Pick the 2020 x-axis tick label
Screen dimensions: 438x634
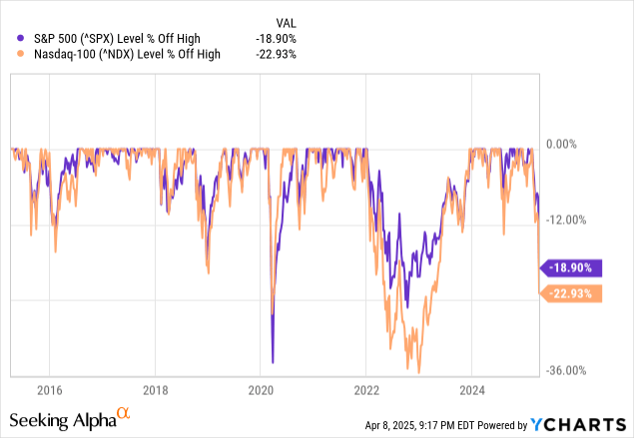tap(261, 389)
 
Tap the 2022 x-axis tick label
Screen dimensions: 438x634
tap(366, 389)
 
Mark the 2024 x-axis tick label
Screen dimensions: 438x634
tap(472, 389)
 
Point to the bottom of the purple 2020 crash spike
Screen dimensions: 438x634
tap(273, 361)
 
